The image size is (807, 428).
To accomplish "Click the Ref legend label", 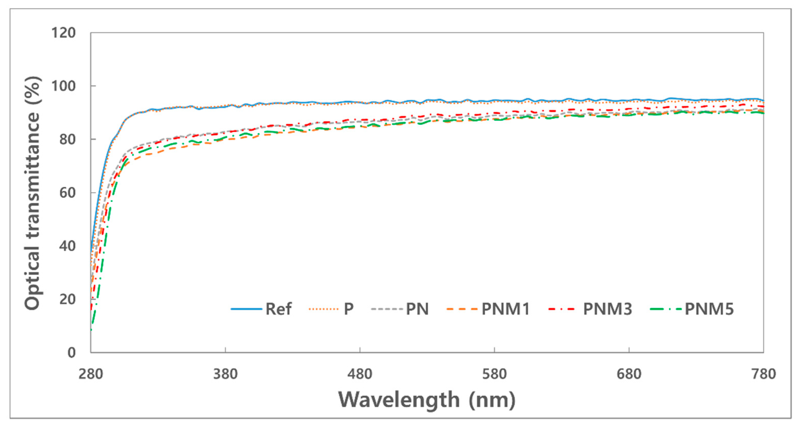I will coord(278,309).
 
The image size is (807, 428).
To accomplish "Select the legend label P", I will coord(349,309).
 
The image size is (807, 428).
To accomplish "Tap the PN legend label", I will coord(417,309).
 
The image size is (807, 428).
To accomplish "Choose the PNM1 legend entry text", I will coord(506,309).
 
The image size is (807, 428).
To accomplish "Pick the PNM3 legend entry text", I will coord(608,309).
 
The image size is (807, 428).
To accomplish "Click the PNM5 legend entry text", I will coord(709,309).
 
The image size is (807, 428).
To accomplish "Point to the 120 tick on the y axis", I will coord(64,33).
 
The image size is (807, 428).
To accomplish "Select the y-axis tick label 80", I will coord(67,139).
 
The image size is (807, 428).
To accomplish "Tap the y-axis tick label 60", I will coord(67,192).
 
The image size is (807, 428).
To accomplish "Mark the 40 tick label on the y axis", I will coord(67,246).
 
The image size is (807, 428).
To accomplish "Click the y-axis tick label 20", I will coord(67,299).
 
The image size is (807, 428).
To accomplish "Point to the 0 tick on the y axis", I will coord(71,352).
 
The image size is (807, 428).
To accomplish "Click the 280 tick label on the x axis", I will coord(91,374).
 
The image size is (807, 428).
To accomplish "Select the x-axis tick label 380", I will coord(225,374).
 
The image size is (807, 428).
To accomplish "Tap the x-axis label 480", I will coord(360,374).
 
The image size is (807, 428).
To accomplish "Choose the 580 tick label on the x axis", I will coord(494,374).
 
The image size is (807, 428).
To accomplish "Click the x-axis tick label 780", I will coord(763,374).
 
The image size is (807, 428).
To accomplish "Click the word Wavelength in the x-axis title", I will coord(399,400).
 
